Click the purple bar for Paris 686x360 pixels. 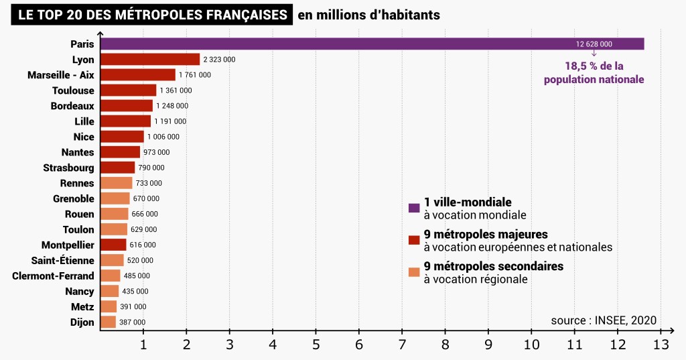tap(372, 44)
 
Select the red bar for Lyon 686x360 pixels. tap(150, 59)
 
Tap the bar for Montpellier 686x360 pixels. tap(113, 245)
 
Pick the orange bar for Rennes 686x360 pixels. tap(116, 183)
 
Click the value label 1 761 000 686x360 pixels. tap(195, 75)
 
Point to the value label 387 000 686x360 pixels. tap(132, 322)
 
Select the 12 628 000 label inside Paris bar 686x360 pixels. tap(594, 44)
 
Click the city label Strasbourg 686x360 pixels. tap(68, 168)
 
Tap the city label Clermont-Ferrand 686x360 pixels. tap(53, 276)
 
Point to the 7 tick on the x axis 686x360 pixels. tap(402, 345)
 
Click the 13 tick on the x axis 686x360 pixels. tap(661, 345)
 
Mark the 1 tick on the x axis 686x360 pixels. tap(143, 345)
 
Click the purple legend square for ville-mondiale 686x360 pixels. tap(414, 208)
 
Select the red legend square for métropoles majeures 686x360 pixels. tap(414, 240)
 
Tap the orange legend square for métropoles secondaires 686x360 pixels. tap(414, 272)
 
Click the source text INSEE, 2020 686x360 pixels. tap(604, 320)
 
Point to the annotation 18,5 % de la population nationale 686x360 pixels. tap(594, 72)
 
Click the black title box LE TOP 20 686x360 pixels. tap(151, 14)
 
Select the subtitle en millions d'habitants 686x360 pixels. tap(369, 14)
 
